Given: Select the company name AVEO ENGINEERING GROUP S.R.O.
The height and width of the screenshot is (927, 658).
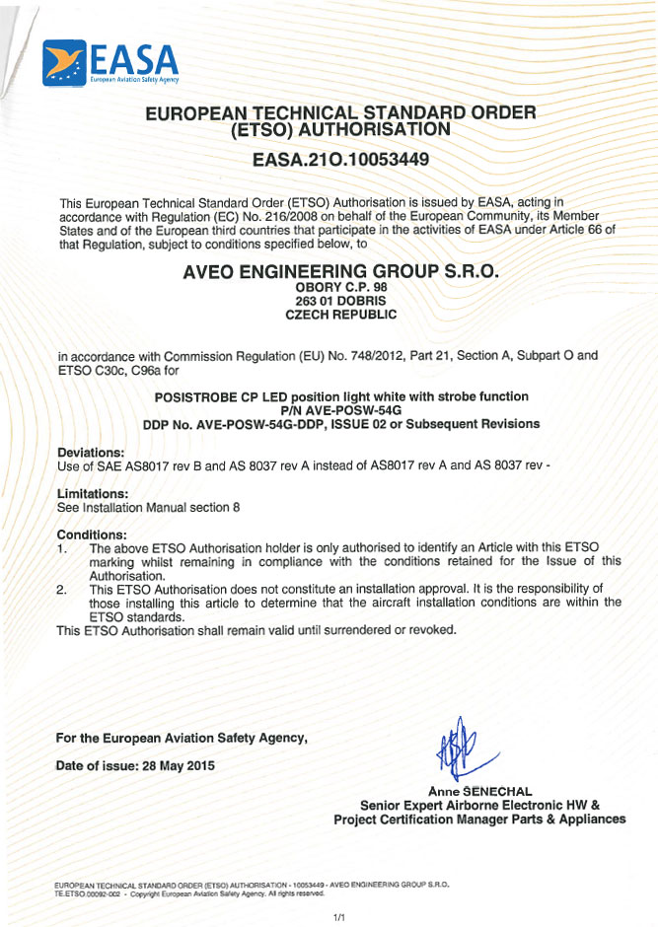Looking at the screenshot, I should (341, 271).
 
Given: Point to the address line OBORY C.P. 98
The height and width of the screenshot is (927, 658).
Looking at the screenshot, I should (341, 287).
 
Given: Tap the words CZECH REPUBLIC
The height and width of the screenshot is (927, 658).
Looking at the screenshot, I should (341, 315).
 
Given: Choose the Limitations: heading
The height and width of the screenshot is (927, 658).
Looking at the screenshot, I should (93, 492).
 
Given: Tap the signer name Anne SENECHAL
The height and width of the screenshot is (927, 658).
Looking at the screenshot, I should (480, 791).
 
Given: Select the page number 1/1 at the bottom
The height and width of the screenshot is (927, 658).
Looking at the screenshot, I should (338, 917).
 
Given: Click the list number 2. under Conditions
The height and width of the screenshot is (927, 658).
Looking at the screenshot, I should (62, 589).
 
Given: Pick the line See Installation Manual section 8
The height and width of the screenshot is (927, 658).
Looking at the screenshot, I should (148, 506).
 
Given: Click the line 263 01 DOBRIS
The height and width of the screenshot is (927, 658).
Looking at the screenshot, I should (341, 301).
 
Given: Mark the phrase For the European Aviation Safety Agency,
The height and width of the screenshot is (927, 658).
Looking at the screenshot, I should (183, 738).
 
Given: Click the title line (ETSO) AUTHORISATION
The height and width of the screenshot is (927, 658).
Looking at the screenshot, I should (341, 128).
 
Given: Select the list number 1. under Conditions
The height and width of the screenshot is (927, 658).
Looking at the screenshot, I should (62, 547).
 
